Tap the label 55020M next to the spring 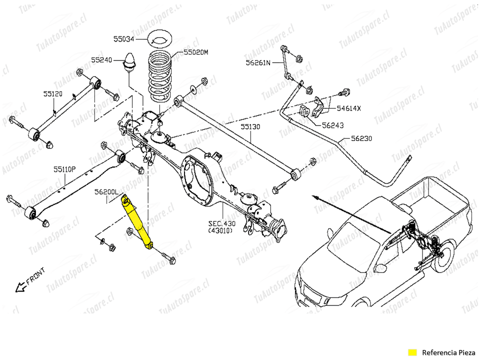pos(195,52)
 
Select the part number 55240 pos(101,59)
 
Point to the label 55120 pos(52,93)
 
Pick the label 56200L pos(106,191)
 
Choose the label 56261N pos(258,63)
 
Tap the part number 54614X pos(348,108)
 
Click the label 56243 pos(332,125)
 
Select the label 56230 pos(362,138)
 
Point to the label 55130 pos(250,127)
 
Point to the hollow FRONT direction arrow pos(20,286)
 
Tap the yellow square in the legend pos(412,352)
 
